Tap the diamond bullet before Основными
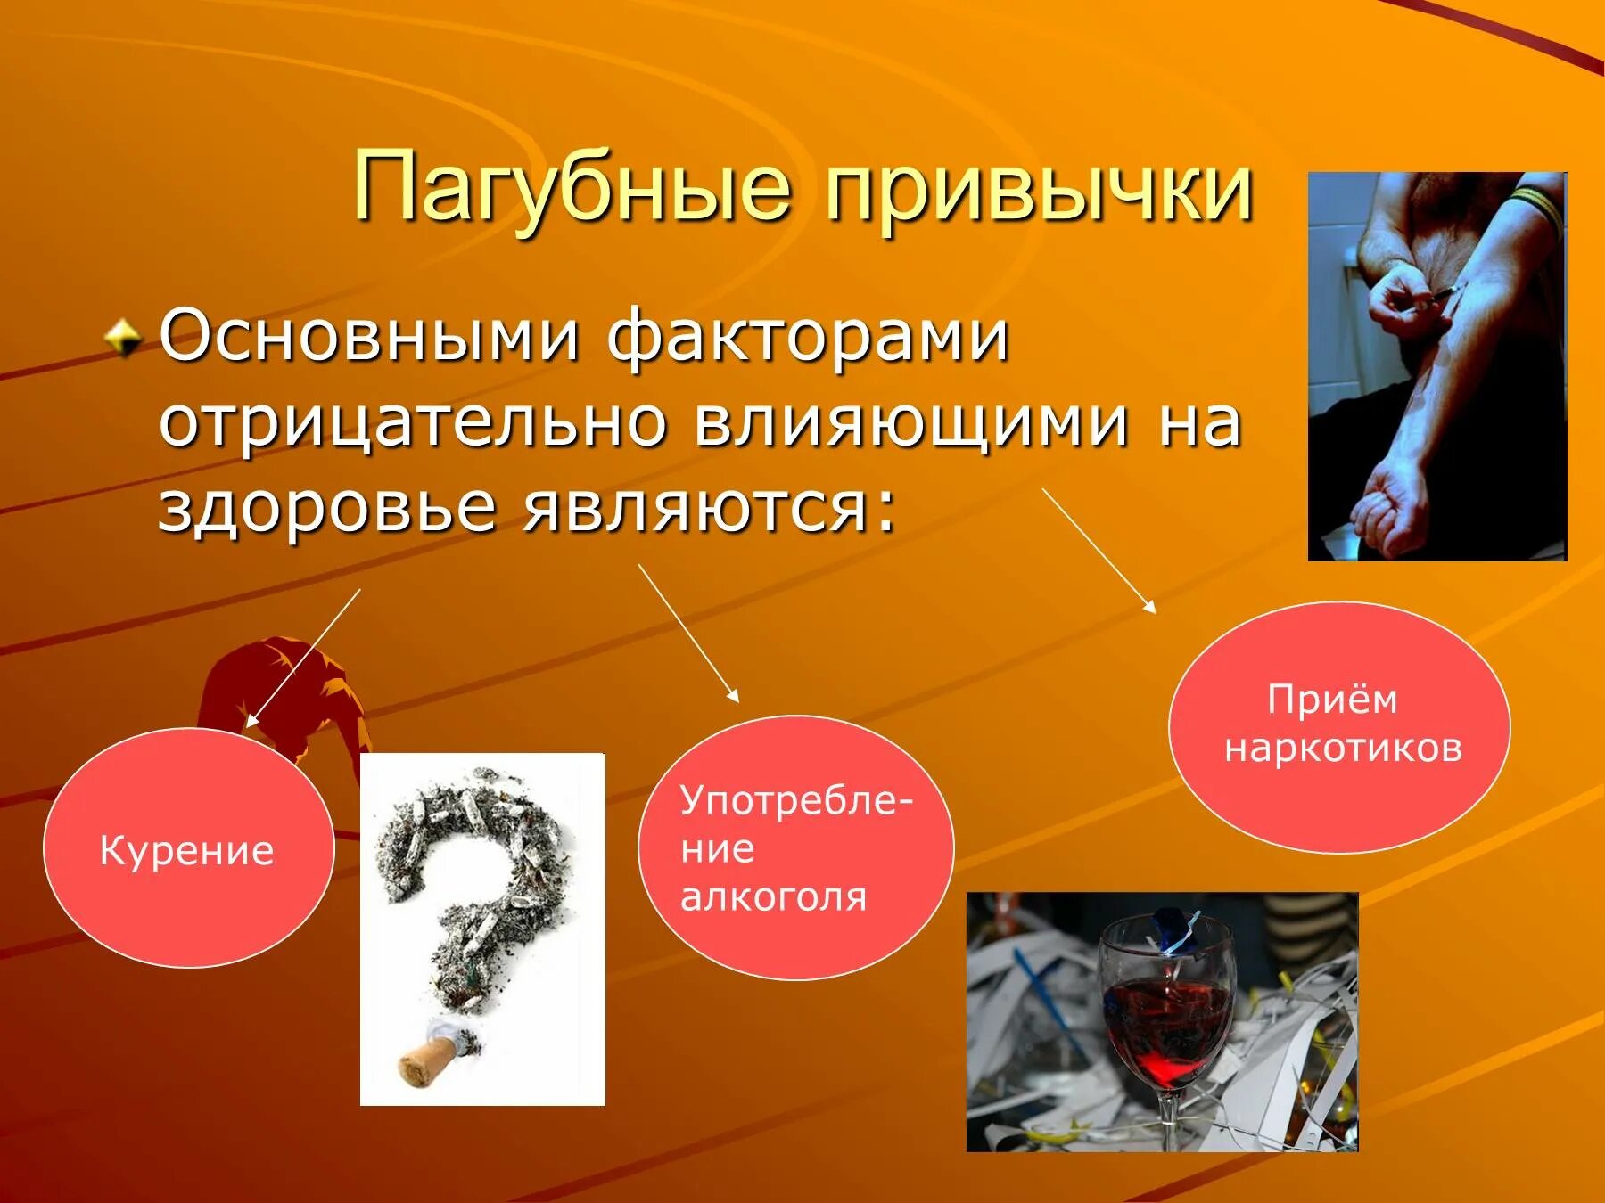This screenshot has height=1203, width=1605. pyautogui.click(x=122, y=340)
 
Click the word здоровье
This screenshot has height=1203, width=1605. pyautogui.click(x=326, y=508)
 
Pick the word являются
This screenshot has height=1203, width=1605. pyautogui.click(x=708, y=508)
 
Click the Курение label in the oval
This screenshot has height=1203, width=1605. pyautogui.click(x=186, y=850)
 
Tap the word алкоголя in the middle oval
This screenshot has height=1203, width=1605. pyautogui.click(x=773, y=896)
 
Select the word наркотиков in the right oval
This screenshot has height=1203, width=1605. pyautogui.click(x=1343, y=747)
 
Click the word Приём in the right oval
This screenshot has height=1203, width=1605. pyautogui.click(x=1332, y=700)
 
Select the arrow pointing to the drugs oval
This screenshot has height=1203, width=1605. pyautogui.click(x=1099, y=550)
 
